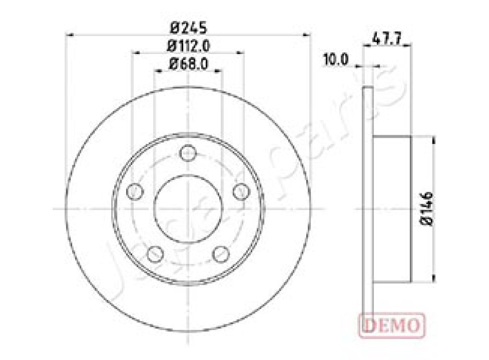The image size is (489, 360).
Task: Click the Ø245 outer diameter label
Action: pyautogui.click(x=188, y=28)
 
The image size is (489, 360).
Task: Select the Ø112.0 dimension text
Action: pyautogui.click(x=188, y=46)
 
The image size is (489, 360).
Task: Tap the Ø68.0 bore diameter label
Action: pyautogui.click(x=188, y=64)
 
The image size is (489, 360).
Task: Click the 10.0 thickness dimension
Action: pyautogui.click(x=336, y=60)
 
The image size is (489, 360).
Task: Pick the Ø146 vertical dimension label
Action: pyautogui.click(x=427, y=209)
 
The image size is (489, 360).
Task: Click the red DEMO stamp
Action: pyautogui.click(x=392, y=326)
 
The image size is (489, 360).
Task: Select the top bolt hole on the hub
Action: pyautogui.click(x=188, y=153)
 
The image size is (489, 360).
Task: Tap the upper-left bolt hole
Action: pyautogui.click(x=135, y=191)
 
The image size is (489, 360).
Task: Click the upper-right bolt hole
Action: pyautogui.click(x=242, y=191)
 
